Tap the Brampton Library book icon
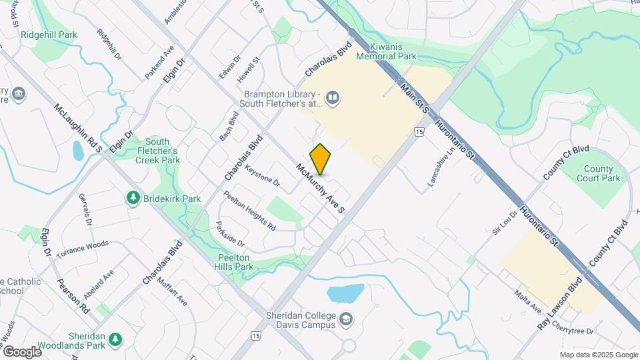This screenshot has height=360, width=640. click(333, 99)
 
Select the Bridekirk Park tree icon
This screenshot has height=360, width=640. click(133, 198)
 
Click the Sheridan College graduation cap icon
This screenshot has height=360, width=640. click(345, 319)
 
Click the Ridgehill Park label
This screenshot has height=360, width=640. click(49, 35)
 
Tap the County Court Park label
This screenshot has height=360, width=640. click(602, 174)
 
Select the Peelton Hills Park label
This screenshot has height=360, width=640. click(237, 262)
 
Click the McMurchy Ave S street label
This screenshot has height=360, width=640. click(320, 189)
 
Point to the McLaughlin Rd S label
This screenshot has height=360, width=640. click(78, 128)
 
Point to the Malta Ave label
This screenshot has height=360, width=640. click(527, 301)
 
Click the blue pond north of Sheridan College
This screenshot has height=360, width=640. click(345, 293)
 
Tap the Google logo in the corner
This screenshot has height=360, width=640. click(22, 351)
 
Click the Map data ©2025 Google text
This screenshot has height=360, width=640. click(598, 355)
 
